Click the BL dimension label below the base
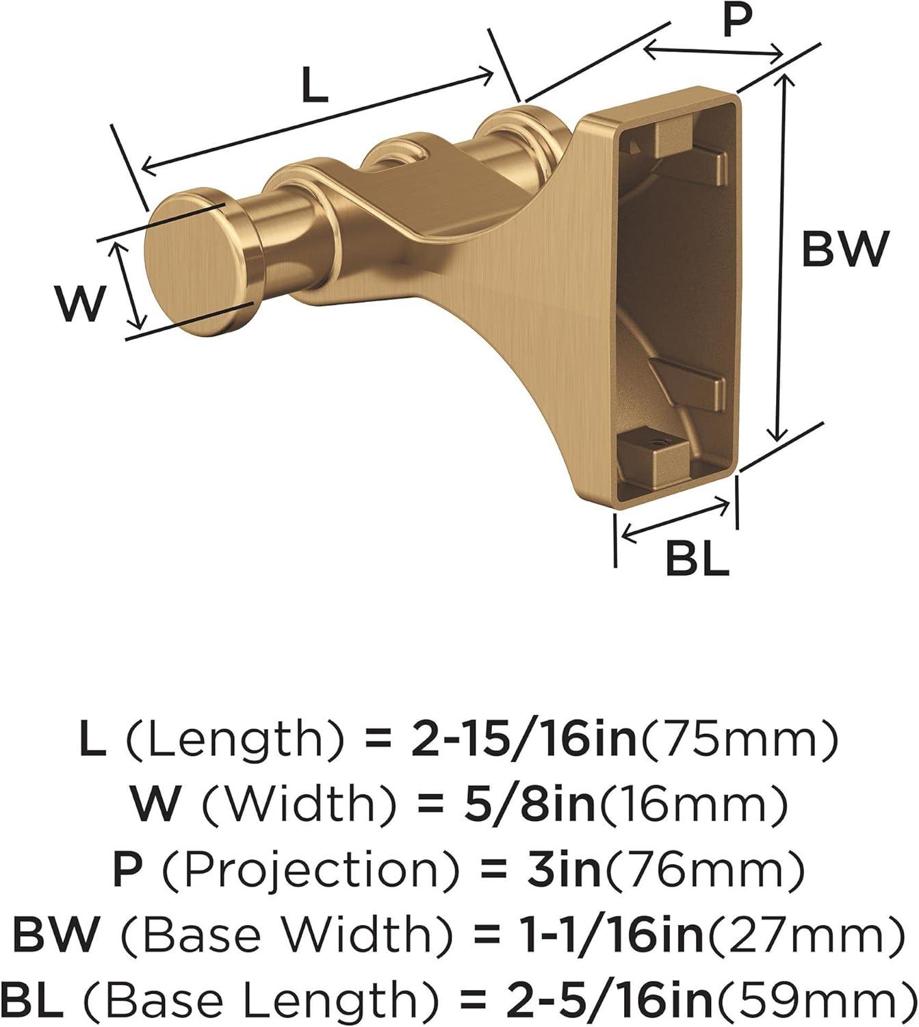coord(697,558)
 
